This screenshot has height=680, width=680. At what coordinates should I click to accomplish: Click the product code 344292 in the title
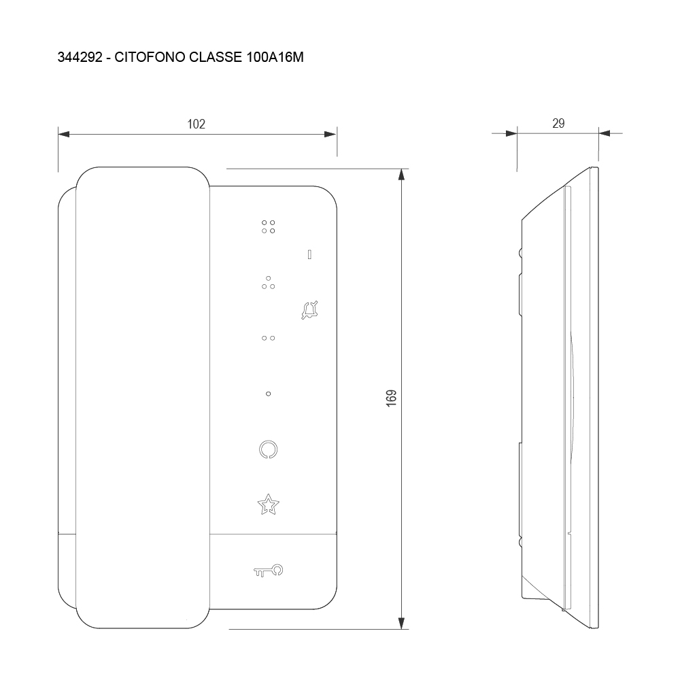80,57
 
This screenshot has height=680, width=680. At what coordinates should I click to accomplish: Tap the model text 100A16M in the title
275,57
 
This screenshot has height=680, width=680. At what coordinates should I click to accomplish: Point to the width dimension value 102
196,124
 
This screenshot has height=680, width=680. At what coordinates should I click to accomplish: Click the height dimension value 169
391,398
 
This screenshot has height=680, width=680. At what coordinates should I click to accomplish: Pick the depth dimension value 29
558,124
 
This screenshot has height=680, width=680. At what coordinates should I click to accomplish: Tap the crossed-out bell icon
309,310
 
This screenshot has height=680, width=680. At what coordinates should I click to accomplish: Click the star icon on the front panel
269,505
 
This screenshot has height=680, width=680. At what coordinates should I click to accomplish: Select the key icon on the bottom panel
269,571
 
